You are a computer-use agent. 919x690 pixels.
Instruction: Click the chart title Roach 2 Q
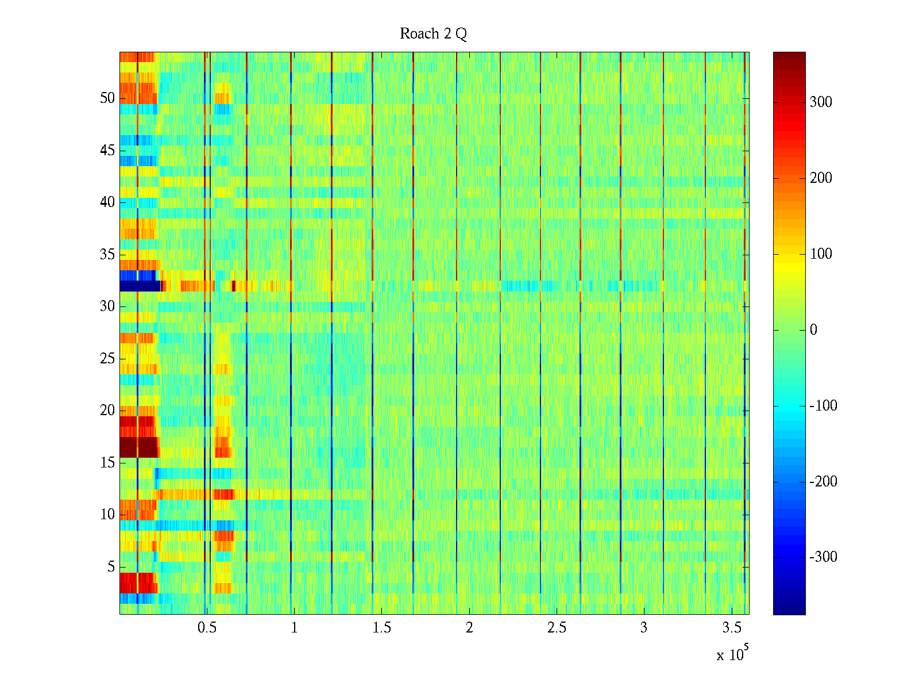point(433,34)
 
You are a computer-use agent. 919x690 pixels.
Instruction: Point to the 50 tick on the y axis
point(107,98)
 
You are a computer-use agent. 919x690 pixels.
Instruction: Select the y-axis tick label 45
point(107,151)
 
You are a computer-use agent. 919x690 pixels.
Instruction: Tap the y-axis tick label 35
point(107,255)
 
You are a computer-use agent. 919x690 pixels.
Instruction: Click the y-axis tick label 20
point(107,411)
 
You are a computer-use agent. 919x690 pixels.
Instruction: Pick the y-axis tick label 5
point(111,567)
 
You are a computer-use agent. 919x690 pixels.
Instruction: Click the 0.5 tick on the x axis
point(207,628)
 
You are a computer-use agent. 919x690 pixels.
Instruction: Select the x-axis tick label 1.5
point(381,628)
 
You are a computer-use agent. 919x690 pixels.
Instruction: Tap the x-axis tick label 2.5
point(557,628)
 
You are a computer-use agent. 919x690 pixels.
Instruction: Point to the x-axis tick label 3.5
point(731,628)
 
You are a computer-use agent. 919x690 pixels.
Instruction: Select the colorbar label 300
point(821,102)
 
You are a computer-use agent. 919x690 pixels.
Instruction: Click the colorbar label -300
point(823,557)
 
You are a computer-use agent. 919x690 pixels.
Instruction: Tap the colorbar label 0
point(813,330)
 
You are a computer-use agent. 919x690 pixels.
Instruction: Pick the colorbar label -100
point(823,406)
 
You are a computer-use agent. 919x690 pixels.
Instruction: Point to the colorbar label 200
point(821,178)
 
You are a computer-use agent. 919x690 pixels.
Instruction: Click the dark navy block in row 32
point(140,286)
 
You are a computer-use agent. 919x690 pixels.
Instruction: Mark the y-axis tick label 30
point(107,306)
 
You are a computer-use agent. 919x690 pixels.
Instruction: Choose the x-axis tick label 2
point(469,628)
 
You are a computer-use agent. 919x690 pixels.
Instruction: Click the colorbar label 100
point(821,254)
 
